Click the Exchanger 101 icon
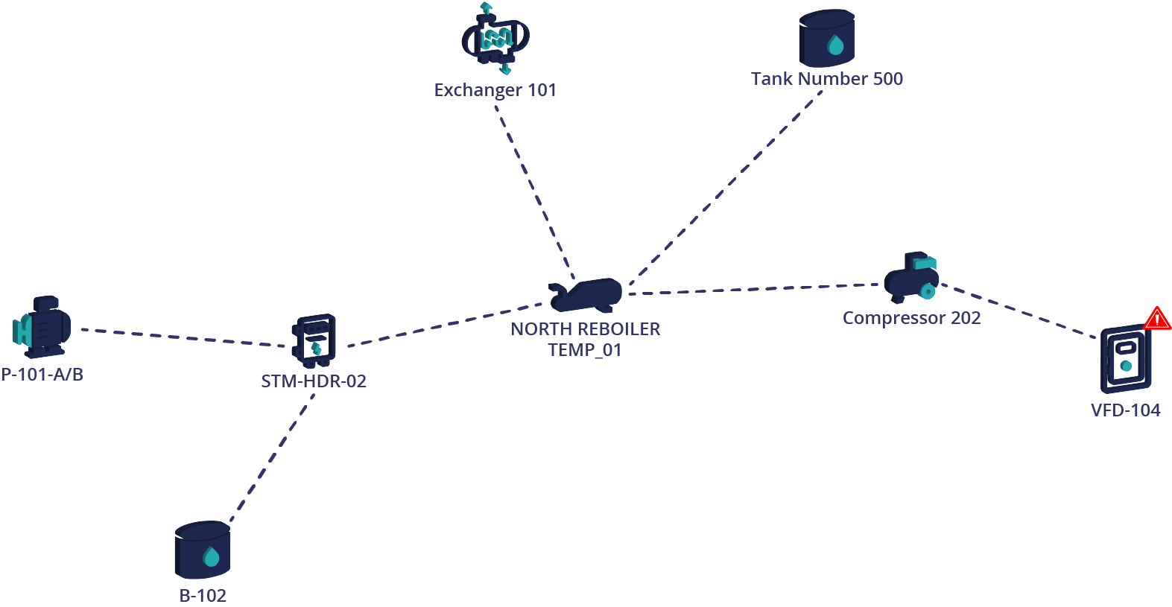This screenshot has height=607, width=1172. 495,38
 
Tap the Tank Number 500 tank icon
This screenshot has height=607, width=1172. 826,39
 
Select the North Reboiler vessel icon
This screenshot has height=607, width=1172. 586,295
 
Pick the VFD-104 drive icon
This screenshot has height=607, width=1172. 1125,360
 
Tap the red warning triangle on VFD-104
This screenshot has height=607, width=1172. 1157,319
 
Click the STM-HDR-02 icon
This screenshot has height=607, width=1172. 314,341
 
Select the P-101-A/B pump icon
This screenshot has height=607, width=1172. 42,326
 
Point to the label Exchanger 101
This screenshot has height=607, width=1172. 495,90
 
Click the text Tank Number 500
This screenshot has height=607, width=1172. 826,79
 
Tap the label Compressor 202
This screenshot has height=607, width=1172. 911,318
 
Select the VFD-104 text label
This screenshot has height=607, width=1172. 1125,410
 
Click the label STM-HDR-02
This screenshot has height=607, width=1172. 314,381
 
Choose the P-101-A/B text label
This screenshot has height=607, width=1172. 42,375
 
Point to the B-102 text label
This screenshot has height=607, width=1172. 203,596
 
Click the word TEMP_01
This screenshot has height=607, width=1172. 585,350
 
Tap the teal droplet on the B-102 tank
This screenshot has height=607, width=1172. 212,557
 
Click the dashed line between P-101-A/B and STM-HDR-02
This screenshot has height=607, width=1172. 183,337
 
